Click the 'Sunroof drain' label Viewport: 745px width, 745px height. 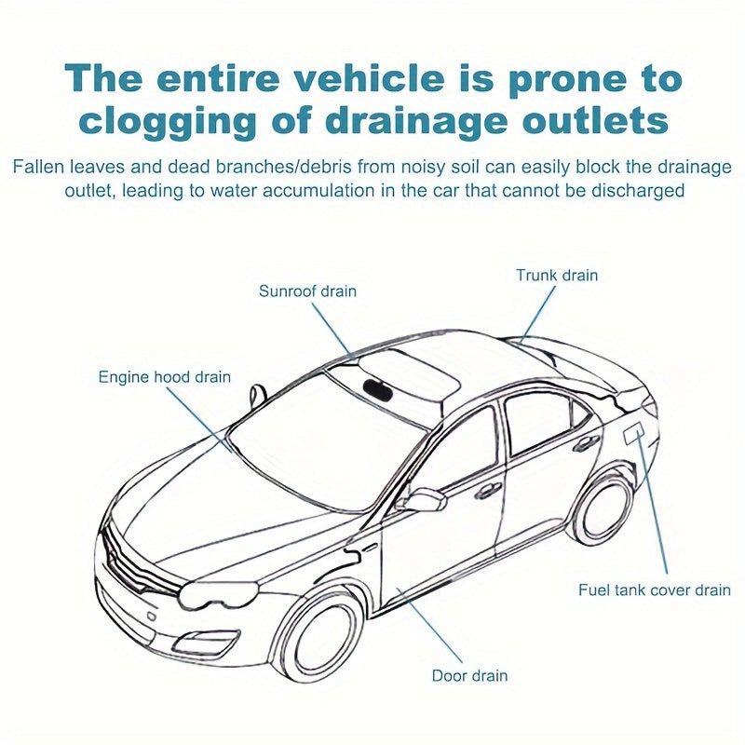coord(307,291)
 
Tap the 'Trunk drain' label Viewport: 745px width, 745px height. coord(557,276)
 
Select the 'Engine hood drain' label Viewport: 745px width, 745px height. coord(165,377)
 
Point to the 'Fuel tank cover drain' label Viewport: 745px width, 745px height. coord(655,589)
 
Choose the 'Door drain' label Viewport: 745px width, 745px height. coord(469,675)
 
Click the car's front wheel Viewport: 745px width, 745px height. coord(320,635)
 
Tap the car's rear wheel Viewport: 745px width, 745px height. coord(602,508)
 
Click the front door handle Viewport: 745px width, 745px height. coord(488,490)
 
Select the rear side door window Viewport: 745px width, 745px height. coord(541,425)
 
